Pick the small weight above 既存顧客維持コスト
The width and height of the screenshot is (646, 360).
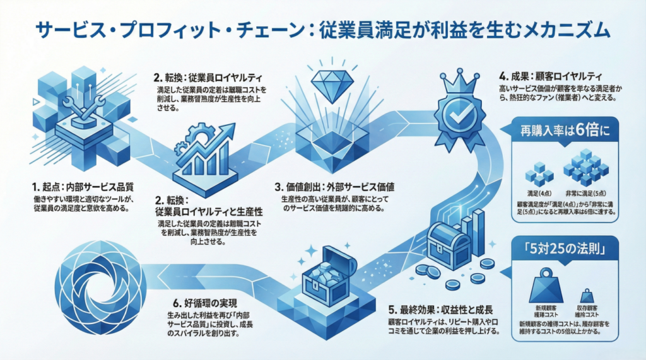point(587,295)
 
